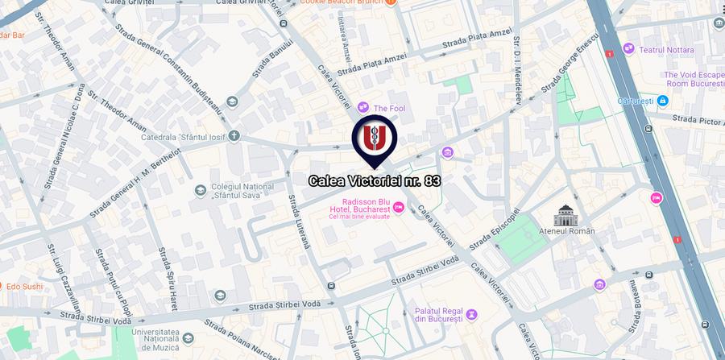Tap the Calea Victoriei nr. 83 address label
375,181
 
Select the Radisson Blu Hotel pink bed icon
399,209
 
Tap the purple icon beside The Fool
363,106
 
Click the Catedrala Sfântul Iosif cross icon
234,135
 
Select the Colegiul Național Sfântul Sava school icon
200,190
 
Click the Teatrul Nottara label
666,50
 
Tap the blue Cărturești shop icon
662,101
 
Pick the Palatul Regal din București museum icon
472,314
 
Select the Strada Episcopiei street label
491,230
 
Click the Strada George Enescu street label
571,61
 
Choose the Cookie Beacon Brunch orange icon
390,3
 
